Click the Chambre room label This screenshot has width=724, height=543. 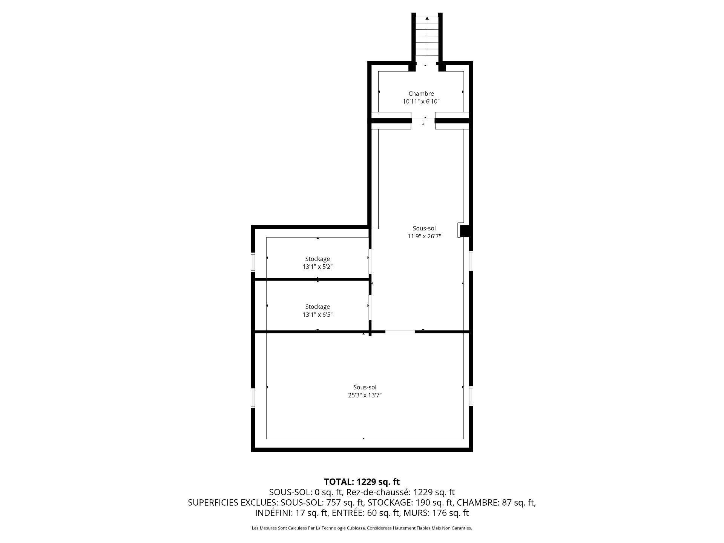(421, 94)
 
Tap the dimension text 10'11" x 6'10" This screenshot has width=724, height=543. (421, 101)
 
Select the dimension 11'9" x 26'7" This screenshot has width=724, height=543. (424, 236)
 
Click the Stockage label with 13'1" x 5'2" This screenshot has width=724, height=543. (317, 259)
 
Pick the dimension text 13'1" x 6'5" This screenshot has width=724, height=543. (317, 314)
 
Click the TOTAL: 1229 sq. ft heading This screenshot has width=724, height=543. (362, 482)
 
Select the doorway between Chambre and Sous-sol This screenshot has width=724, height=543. (423, 121)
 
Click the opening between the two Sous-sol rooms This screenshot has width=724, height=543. (400, 332)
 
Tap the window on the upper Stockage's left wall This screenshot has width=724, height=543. (253, 262)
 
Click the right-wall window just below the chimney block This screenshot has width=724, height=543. (471, 261)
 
